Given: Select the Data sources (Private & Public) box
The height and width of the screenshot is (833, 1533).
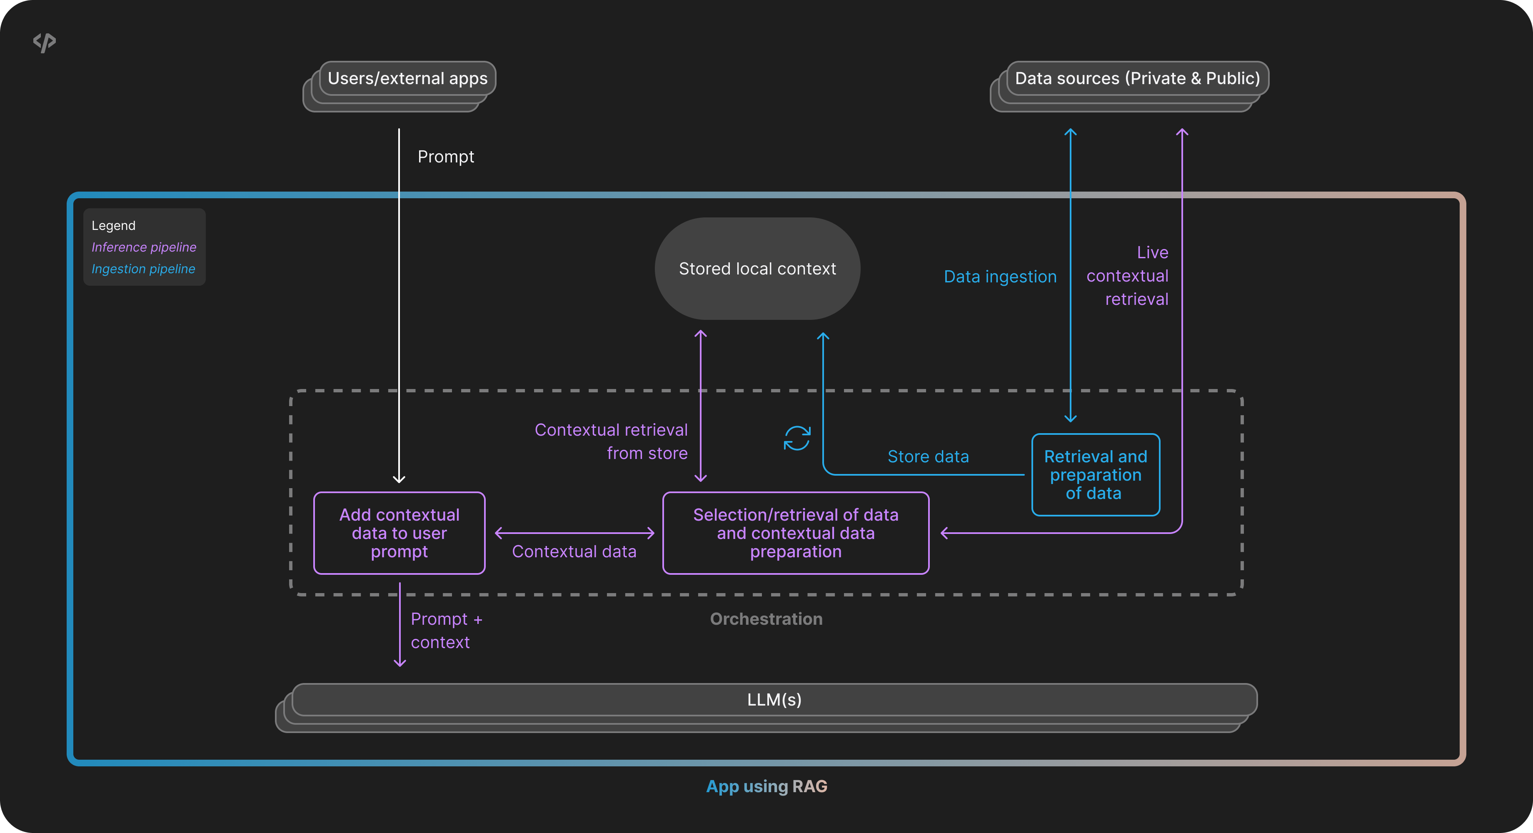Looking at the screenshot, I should [x=1137, y=79].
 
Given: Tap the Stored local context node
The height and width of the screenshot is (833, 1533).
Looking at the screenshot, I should [x=757, y=269].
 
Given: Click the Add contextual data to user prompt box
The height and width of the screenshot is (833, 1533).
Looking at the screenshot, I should [x=399, y=533].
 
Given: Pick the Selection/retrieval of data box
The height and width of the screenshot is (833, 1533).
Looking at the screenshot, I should [x=796, y=533].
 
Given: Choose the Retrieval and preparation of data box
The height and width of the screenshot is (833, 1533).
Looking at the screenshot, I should [x=1095, y=475].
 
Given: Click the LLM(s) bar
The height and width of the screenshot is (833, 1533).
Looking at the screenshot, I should [x=774, y=700].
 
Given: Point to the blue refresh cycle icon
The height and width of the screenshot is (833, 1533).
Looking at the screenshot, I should [x=797, y=439].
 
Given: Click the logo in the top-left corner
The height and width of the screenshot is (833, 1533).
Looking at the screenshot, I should [x=45, y=42].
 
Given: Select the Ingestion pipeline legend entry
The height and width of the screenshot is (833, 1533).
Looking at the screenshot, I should [x=143, y=269].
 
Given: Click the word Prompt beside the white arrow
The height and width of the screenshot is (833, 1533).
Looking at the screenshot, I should [x=446, y=157].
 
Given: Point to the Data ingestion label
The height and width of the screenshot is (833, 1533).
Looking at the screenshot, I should [x=1000, y=277].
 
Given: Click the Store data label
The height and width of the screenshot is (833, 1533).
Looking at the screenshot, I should [x=928, y=456].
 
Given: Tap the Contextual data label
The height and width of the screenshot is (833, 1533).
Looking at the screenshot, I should [x=574, y=551].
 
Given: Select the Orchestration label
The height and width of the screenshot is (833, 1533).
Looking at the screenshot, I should [x=766, y=619].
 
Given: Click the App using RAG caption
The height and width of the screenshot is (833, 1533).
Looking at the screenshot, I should [x=766, y=786].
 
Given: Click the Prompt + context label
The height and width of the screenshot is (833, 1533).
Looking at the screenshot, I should [x=446, y=631].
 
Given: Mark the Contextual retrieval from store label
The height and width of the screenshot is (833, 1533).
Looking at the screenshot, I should [x=611, y=441].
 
